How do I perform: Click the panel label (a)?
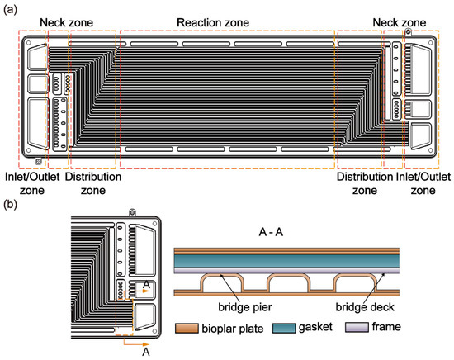[12, 11]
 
